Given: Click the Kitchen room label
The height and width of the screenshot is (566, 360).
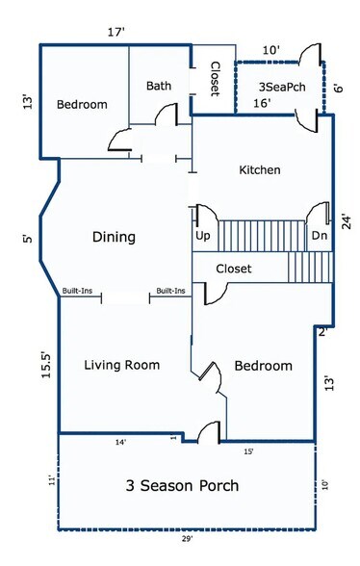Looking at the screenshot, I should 260,170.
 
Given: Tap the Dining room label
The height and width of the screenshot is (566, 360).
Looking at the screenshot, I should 114,237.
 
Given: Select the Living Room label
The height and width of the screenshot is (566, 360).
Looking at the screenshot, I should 121,365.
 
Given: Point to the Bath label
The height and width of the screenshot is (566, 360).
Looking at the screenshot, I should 159,86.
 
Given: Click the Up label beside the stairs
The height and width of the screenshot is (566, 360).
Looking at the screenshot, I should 203,236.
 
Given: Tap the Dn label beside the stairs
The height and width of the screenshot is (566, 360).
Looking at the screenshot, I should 319,236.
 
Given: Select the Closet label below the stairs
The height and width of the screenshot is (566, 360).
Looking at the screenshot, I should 233,270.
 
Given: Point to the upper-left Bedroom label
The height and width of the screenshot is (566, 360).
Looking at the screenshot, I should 81,105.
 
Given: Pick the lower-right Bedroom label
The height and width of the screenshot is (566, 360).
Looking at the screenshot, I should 263,366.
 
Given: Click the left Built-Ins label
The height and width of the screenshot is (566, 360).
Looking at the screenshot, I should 79,290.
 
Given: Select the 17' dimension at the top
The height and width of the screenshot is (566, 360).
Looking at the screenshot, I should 117,32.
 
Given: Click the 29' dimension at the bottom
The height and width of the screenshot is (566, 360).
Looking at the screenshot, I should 189,553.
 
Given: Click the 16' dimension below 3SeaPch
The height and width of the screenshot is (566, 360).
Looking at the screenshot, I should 261,103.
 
